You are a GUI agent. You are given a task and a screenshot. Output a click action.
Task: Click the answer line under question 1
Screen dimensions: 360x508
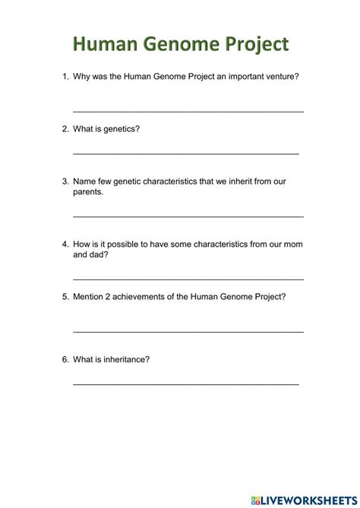pos(188,112)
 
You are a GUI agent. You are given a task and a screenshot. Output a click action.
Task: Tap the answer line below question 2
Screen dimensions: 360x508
pos(185,154)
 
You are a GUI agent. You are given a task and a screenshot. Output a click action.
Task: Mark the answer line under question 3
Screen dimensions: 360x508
pos(188,216)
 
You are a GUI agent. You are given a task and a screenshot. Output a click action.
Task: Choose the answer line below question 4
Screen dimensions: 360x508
pos(188,279)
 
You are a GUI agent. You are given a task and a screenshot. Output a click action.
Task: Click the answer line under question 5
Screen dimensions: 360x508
pos(188,332)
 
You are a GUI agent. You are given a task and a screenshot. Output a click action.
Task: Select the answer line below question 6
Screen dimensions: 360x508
pos(185,384)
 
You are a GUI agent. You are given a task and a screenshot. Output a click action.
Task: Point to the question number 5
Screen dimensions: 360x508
pos(65,297)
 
